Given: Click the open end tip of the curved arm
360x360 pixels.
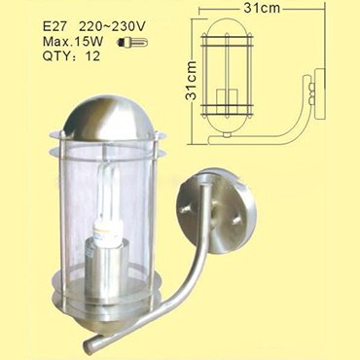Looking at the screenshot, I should [x=89, y=345].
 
